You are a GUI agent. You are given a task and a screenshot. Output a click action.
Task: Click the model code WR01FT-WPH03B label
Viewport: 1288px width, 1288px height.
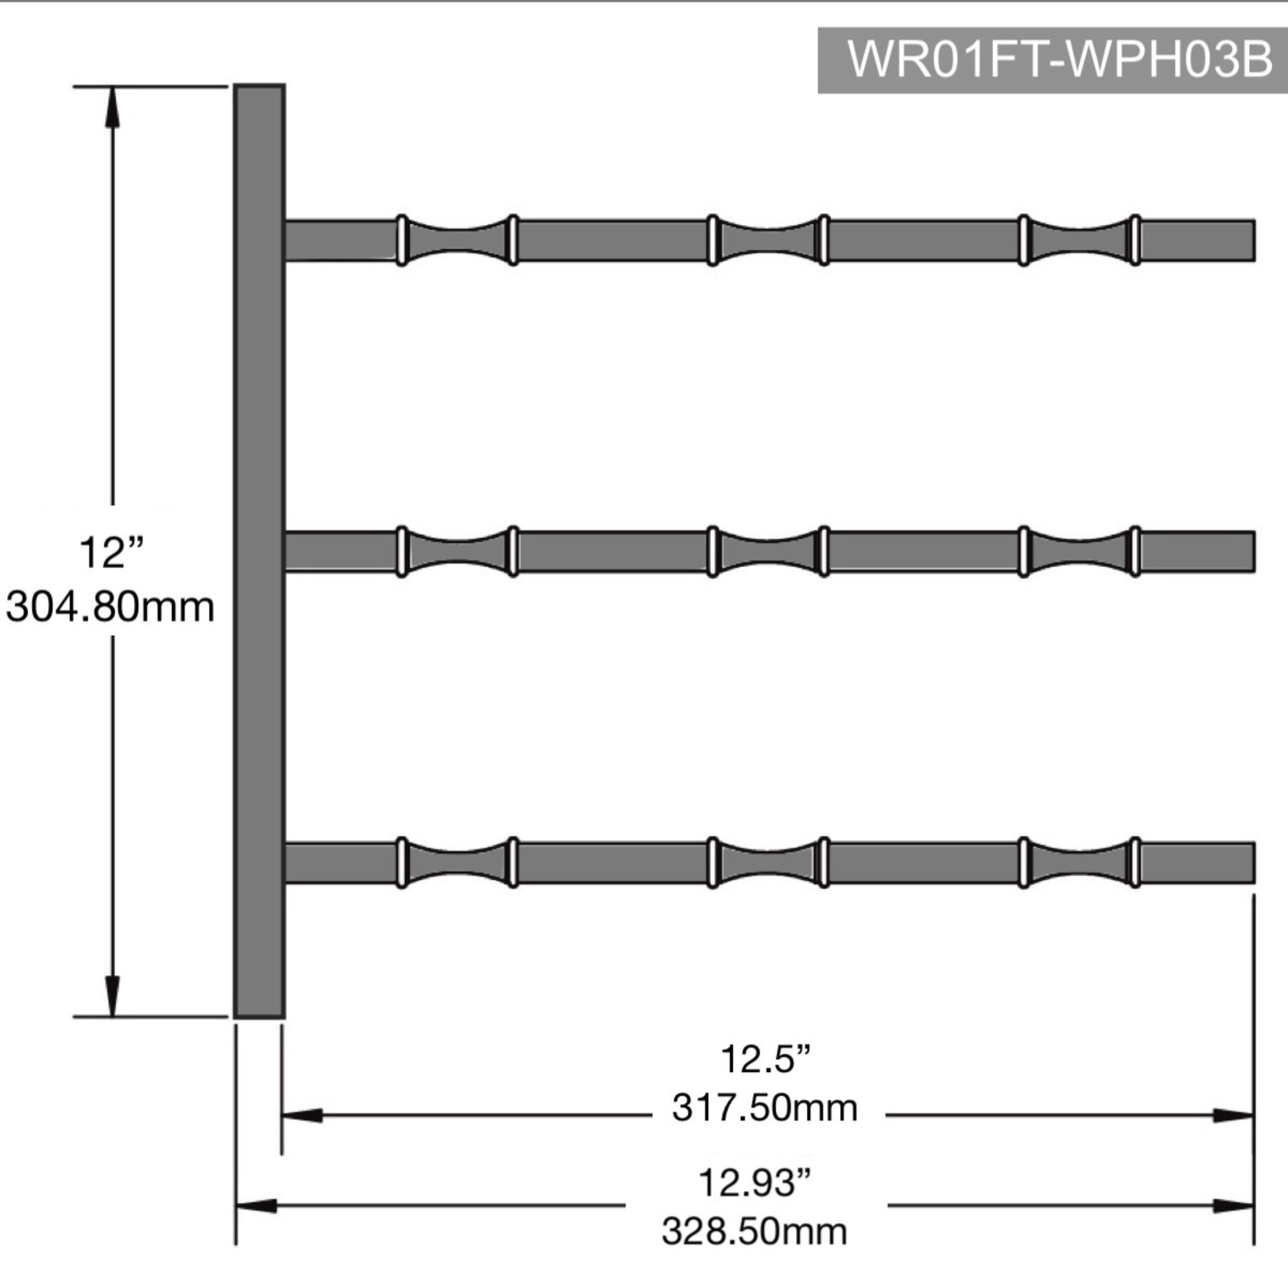1059,60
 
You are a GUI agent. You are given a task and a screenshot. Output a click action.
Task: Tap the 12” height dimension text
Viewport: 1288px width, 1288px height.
111,553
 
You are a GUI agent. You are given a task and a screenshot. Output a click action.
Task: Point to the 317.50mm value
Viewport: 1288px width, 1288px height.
765,1109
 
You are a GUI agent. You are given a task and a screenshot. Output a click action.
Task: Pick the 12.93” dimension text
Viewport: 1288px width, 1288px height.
755,1183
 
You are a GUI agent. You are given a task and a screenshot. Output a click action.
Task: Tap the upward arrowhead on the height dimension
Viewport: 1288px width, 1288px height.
112,107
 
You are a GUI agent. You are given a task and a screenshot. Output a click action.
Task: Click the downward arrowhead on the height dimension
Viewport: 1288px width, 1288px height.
112,997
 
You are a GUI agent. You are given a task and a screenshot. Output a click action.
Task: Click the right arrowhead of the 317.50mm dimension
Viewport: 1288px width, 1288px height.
1233,1115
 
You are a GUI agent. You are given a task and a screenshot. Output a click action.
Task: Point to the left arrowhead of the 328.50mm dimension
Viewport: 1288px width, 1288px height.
256,1205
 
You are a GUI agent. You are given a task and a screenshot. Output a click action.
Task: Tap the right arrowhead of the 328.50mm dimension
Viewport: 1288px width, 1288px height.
1233,1205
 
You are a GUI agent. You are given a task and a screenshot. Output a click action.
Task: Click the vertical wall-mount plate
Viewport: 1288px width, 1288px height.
259,551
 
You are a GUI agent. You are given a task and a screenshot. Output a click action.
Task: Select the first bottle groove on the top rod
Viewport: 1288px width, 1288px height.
457,240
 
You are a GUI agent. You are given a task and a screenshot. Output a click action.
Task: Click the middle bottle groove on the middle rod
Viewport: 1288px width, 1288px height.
768,551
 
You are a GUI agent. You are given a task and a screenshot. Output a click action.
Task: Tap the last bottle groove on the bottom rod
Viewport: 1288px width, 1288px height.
1079,862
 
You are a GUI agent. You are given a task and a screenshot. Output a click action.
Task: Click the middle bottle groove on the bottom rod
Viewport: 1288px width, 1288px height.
768,862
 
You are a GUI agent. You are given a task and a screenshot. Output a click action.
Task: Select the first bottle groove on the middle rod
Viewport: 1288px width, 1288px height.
457,551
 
